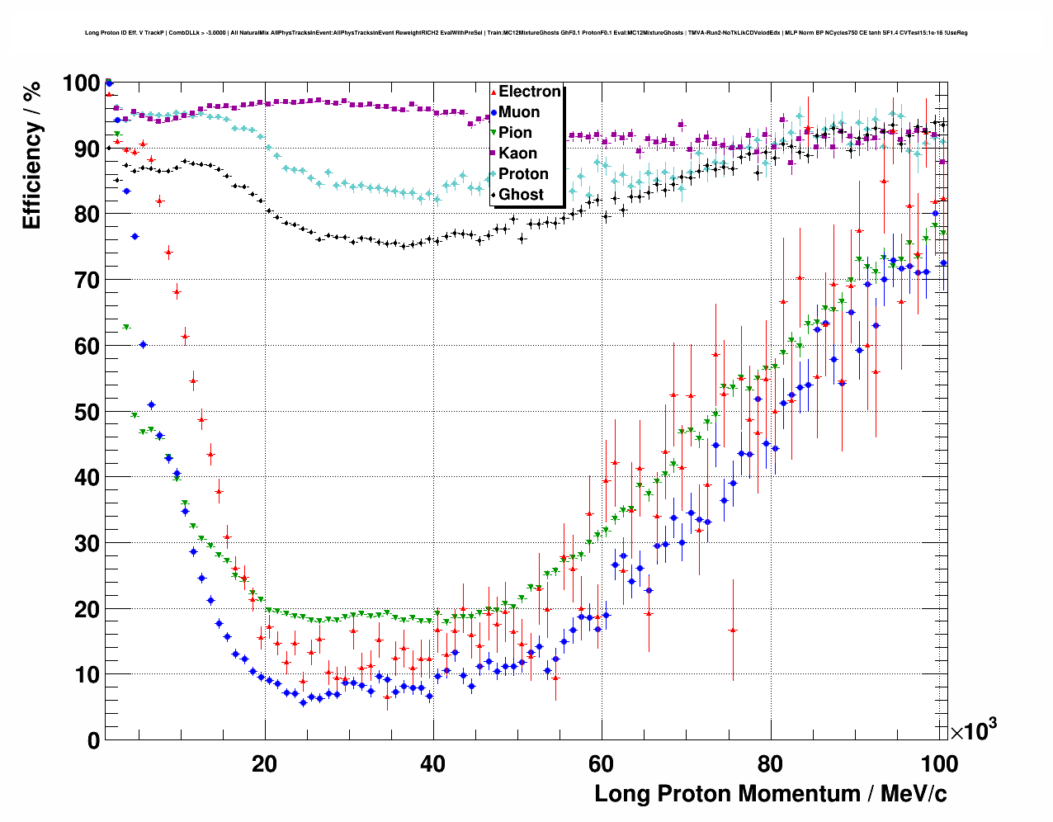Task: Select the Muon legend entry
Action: click(519, 112)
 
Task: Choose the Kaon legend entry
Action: click(517, 154)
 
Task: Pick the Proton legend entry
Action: click(523, 174)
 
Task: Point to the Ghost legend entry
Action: click(521, 195)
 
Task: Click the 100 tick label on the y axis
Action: click(81, 83)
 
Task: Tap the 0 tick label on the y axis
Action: click(93, 740)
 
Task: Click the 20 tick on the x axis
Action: click(265, 763)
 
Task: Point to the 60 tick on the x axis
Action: click(602, 763)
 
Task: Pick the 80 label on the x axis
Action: click(770, 763)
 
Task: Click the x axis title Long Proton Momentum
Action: click(770, 794)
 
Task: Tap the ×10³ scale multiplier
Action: click(973, 730)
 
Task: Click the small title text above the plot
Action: click(526, 33)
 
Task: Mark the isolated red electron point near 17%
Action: click(733, 630)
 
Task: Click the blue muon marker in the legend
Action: click(493, 112)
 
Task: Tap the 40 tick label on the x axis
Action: click(433, 763)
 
